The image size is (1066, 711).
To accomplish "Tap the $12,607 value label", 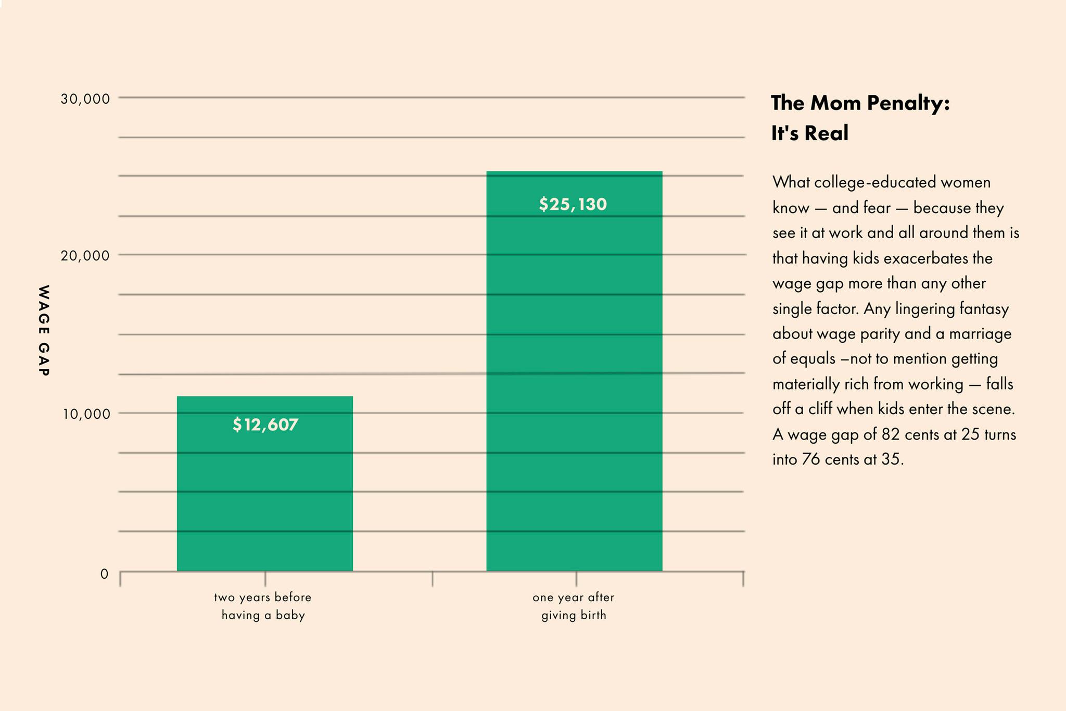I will click(x=265, y=425).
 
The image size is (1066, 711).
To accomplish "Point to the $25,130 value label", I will click(x=573, y=204).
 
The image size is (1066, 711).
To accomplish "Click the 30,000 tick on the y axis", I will click(x=85, y=98).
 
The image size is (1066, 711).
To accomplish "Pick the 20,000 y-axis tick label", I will click(x=85, y=256).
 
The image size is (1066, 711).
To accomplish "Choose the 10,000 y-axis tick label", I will click(x=86, y=415).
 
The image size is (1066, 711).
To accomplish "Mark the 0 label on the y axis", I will click(x=105, y=574).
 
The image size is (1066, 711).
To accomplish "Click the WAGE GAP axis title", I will click(x=44, y=330).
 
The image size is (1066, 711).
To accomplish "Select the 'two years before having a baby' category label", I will click(x=263, y=606).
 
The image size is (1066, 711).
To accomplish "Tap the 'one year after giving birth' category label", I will click(x=574, y=606).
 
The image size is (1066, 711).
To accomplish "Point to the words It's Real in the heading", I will click(x=810, y=133).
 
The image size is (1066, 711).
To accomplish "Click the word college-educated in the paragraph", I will click(x=875, y=182).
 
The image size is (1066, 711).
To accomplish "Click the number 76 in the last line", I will click(x=810, y=459).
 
